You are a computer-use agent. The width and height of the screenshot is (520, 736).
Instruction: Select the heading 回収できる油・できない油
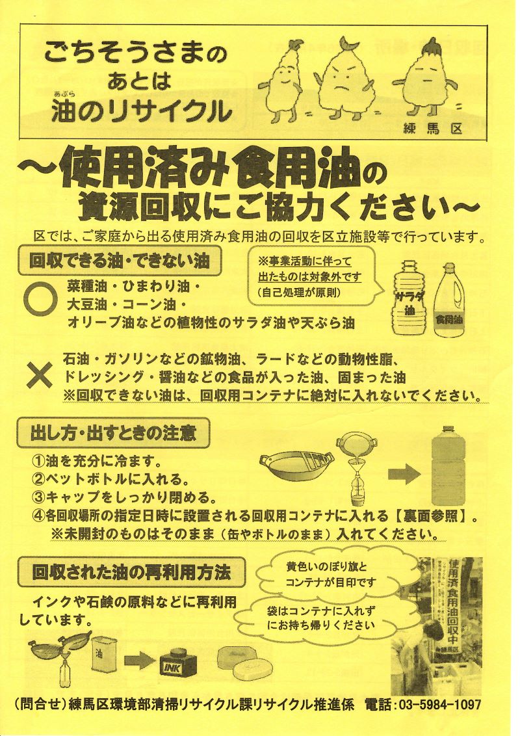pyautogui.click(x=119, y=261)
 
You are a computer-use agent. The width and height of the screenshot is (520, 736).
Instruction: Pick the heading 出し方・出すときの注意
pyautogui.click(x=113, y=433)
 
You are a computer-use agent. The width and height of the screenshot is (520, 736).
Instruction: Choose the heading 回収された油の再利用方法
pyautogui.click(x=131, y=572)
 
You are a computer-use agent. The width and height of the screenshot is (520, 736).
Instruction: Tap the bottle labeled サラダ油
pyautogui.click(x=408, y=298)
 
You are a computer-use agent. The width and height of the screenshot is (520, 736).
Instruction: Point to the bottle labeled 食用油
pyautogui.click(x=449, y=300)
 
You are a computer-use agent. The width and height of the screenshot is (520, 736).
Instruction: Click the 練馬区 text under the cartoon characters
pyautogui.click(x=432, y=128)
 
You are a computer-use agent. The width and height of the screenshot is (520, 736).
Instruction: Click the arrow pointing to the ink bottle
pyautogui.click(x=139, y=661)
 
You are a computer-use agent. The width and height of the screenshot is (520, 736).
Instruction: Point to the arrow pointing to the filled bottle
pyautogui.click(x=404, y=474)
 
